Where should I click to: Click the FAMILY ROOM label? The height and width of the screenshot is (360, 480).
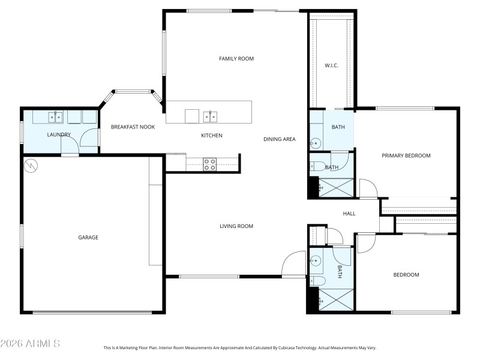[x=236, y=58]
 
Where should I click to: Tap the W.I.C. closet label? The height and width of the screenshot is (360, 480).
[x=332, y=65]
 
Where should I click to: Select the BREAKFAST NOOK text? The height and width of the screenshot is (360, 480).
[x=133, y=127]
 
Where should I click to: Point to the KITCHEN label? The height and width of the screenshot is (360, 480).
[x=211, y=136]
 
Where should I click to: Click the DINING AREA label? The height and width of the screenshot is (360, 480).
[x=280, y=139]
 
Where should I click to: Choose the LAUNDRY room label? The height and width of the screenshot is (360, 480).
[x=59, y=134]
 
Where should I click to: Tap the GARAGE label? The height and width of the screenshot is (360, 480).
[x=88, y=238]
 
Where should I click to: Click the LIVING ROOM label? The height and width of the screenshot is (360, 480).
[x=236, y=226]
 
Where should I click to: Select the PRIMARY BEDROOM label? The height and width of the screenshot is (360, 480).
[x=406, y=155]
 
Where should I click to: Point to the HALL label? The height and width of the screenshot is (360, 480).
[x=349, y=214]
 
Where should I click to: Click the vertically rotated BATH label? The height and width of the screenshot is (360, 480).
[x=339, y=272]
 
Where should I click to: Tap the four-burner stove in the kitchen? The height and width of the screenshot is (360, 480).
[x=209, y=164]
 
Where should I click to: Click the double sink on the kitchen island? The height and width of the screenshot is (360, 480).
[x=209, y=115]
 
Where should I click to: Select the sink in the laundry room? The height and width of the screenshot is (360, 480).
[x=56, y=116]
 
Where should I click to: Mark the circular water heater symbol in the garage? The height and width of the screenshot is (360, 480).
[x=30, y=164]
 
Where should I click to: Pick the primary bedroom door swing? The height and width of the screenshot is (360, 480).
[x=368, y=188]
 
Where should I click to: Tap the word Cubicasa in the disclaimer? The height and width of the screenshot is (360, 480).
[x=283, y=347]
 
